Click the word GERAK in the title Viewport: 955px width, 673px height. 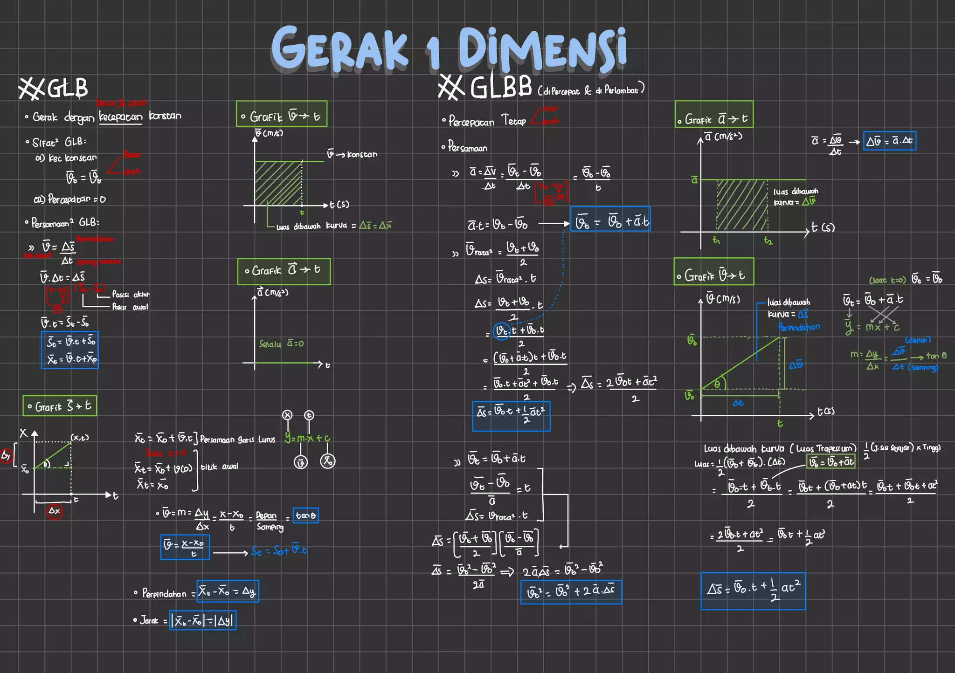point(339,49)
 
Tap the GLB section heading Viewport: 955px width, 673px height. point(54,88)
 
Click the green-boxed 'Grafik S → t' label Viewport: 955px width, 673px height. point(60,406)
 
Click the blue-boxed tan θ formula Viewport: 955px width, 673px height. point(306,515)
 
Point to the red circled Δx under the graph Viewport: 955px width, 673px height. point(55,511)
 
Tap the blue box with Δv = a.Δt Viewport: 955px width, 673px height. point(889,141)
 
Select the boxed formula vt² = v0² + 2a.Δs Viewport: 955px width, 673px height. point(571,592)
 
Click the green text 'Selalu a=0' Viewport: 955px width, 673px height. point(281,344)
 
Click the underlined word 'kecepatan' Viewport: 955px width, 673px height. point(120,117)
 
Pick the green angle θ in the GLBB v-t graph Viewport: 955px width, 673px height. point(717,385)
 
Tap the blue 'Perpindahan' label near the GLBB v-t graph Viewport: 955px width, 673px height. point(799,327)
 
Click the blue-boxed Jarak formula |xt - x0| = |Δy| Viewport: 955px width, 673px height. point(203,621)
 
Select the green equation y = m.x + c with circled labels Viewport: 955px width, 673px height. point(307,438)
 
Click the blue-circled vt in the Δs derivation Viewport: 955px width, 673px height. point(502,331)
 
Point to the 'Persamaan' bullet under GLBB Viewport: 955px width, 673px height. point(467,148)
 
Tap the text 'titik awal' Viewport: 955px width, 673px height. point(219,467)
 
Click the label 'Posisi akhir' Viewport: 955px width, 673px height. point(131,295)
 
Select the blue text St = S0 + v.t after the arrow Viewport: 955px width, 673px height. point(279,550)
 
